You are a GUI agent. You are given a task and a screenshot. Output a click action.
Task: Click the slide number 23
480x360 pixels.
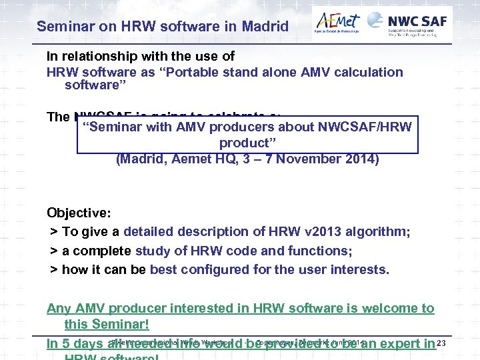[440, 343]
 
